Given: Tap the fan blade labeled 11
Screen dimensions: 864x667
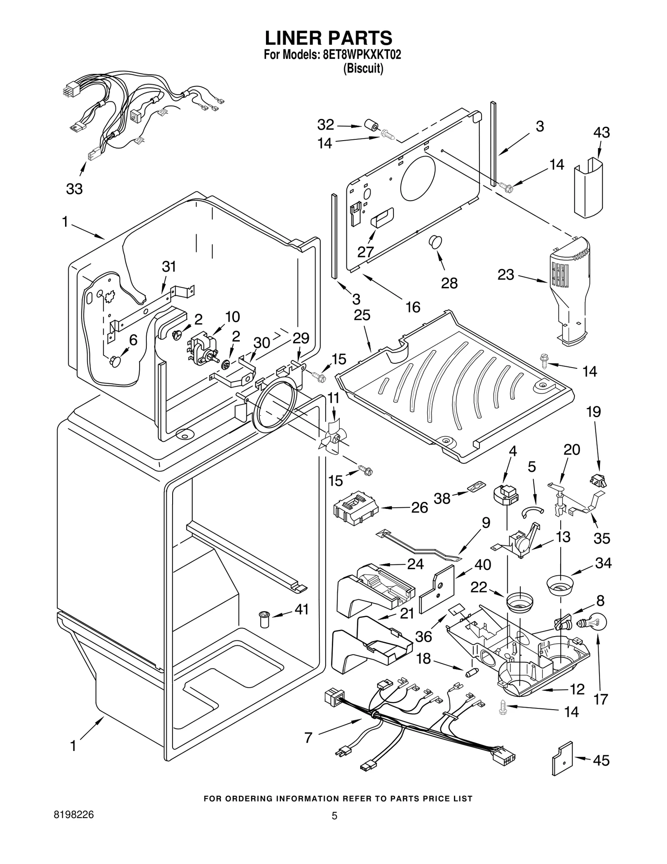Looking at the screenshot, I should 333,438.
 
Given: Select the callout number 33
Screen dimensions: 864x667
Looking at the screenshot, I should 74,189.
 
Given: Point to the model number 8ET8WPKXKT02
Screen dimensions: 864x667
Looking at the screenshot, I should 362,55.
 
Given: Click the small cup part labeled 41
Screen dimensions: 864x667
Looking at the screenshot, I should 263,619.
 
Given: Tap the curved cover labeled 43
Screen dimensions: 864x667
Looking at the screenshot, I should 588,188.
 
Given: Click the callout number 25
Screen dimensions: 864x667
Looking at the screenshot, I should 362,315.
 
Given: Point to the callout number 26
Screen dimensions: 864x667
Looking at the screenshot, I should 419,508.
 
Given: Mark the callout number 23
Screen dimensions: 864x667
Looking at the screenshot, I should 506,275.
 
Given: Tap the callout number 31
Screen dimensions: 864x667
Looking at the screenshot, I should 169,266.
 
